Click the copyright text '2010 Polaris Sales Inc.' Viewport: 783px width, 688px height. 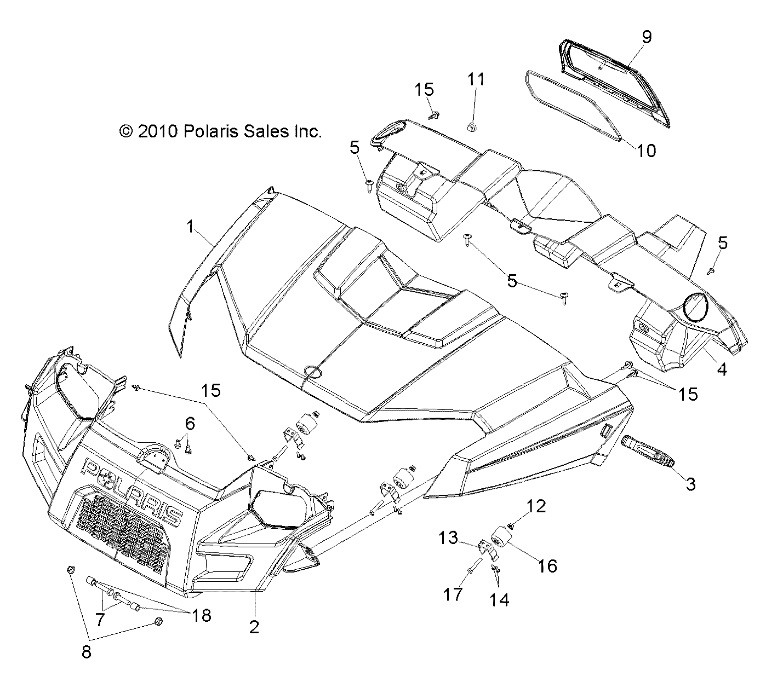pyautogui.click(x=220, y=131)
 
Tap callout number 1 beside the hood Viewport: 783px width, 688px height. pyautogui.click(x=191, y=226)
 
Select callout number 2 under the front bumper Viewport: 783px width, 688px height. pyautogui.click(x=254, y=627)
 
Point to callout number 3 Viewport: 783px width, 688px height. pyautogui.click(x=690, y=484)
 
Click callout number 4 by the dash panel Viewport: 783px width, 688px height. pyautogui.click(x=722, y=369)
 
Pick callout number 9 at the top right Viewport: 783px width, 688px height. pyautogui.click(x=647, y=37)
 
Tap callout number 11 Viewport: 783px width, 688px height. pyautogui.click(x=476, y=79)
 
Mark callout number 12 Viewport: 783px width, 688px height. pyautogui.click(x=536, y=506)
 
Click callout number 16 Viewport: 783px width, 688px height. pyautogui.click(x=547, y=565)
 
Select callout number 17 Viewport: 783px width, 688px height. pyautogui.click(x=453, y=594)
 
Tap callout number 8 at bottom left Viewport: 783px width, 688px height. pyautogui.click(x=87, y=652)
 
